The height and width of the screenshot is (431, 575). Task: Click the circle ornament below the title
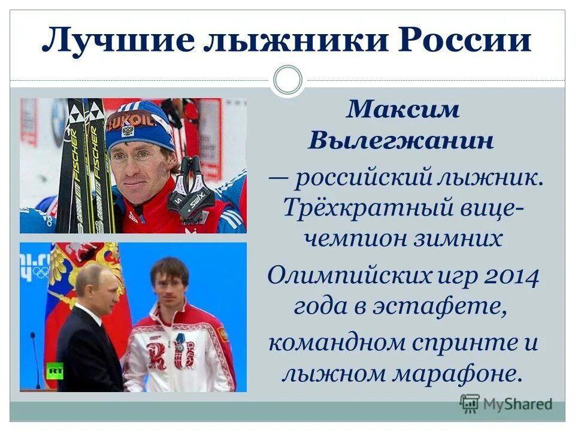coord(287,81)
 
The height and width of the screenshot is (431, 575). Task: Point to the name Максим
coord(402,110)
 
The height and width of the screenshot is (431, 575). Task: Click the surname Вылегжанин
coord(402,141)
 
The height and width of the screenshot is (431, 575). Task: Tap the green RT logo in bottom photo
coord(55,371)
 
